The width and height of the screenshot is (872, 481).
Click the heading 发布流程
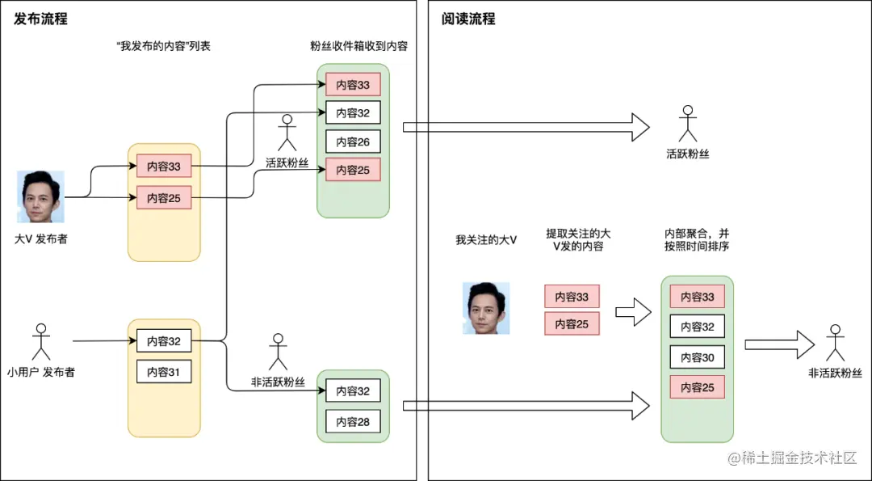tap(41, 19)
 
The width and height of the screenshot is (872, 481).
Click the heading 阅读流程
tap(468, 19)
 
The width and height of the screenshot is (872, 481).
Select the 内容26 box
tap(353, 141)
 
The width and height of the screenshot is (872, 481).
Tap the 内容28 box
tap(353, 421)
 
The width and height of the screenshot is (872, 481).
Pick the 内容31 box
tap(164, 372)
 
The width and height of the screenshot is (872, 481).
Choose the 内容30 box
tap(697, 357)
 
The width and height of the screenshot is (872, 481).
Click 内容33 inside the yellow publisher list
tap(164, 167)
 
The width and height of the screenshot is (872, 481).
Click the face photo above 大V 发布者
tap(40, 196)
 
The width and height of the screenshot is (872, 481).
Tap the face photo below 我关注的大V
tap(485, 308)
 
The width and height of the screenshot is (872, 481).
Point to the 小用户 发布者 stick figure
tap(40, 342)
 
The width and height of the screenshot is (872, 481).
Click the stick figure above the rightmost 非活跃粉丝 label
tap(835, 343)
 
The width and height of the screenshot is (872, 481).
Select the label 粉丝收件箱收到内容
tap(358, 46)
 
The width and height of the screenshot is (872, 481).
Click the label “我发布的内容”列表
tap(163, 46)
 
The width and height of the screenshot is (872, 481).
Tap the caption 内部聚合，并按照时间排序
tap(697, 239)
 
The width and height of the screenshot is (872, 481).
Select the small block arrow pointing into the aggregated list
tap(633, 311)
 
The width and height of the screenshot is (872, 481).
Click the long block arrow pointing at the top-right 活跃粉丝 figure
tap(525, 127)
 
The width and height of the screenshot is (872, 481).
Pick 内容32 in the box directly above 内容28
tap(353, 391)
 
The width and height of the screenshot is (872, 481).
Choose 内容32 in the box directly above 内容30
tap(697, 327)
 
